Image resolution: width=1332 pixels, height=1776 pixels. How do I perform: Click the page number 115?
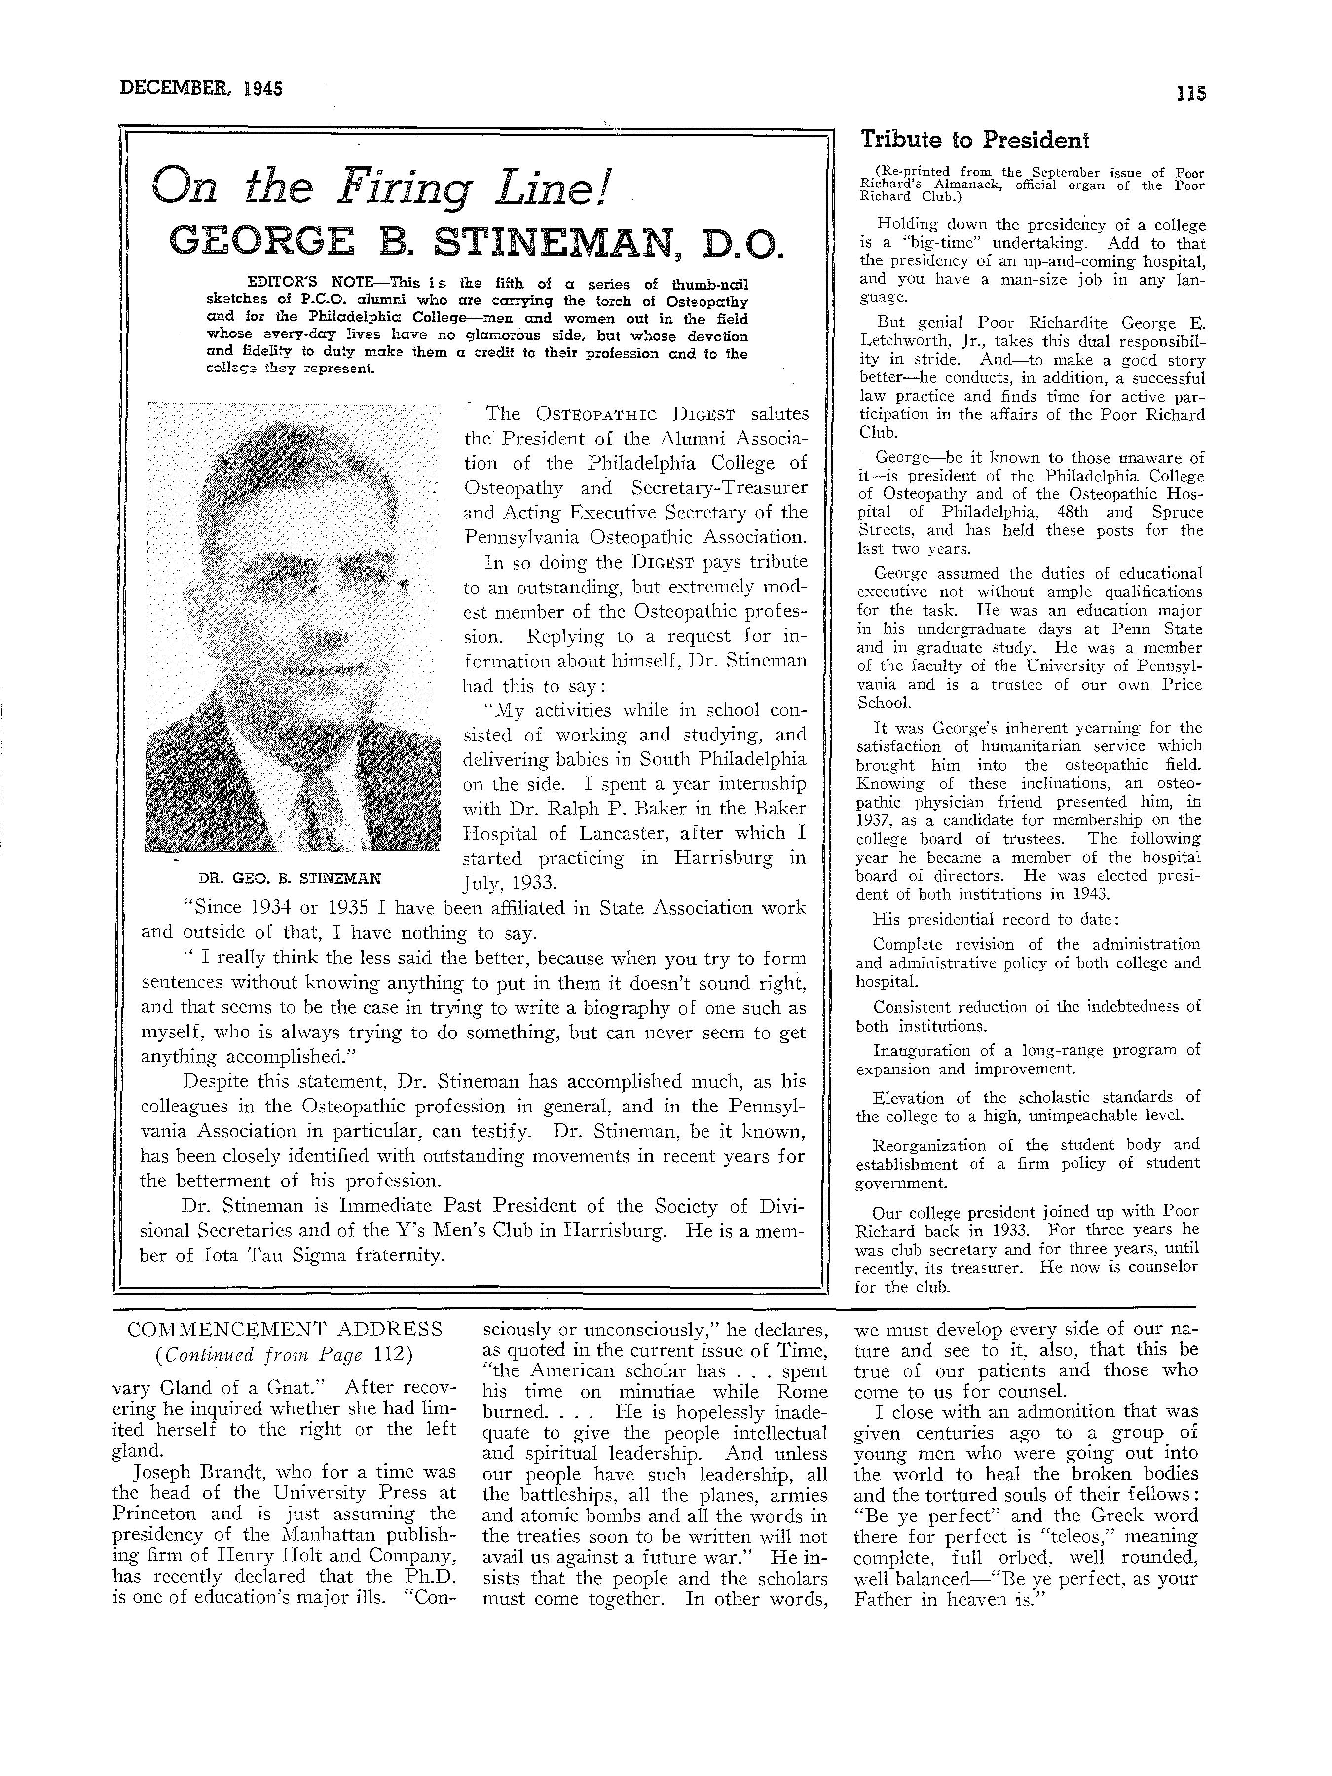pos(1191,93)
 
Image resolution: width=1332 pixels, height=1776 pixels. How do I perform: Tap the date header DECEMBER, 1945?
pos(201,88)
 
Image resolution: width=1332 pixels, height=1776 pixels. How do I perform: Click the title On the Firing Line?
pos(382,188)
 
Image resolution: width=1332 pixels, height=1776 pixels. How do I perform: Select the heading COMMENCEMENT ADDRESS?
pos(285,1329)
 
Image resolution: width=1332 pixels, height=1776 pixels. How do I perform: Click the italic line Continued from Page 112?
pos(285,1355)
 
